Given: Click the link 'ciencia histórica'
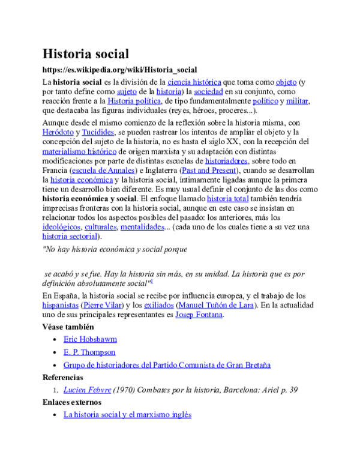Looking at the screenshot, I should pyautogui.click(x=194, y=82).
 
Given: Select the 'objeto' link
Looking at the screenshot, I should pyautogui.click(x=286, y=82).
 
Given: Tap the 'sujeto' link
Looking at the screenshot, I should pyautogui.click(x=127, y=91).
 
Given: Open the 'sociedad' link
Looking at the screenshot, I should pyautogui.click(x=208, y=91).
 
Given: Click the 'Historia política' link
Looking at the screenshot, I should pyautogui.click(x=134, y=101).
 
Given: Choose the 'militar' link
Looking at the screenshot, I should pyautogui.click(x=296, y=101).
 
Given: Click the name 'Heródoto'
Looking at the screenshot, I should pyautogui.click(x=58, y=132).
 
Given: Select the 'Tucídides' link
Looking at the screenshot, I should pyautogui.click(x=97, y=132).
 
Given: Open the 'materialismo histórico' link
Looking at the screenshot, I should pyautogui.click(x=79, y=151).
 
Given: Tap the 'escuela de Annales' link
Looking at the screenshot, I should pyautogui.click(x=103, y=170).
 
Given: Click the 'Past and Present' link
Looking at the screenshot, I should pyautogui.click(x=209, y=170).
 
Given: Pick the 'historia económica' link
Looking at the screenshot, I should pyautogui.click(x=82, y=180).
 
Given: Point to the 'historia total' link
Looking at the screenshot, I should pyautogui.click(x=227, y=198).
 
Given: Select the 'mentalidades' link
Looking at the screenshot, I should pyautogui.click(x=142, y=226).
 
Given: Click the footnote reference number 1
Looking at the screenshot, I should pyautogui.click(x=152, y=280).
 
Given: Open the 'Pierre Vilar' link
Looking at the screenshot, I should pyautogui.click(x=102, y=305).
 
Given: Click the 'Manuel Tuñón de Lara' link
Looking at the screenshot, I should pyautogui.click(x=216, y=305).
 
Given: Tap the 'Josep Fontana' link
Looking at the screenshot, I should pyautogui.click(x=199, y=315).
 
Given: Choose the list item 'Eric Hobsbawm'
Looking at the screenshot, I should pyautogui.click(x=90, y=339).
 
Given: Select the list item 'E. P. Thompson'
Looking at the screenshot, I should pyautogui.click(x=89, y=352).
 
